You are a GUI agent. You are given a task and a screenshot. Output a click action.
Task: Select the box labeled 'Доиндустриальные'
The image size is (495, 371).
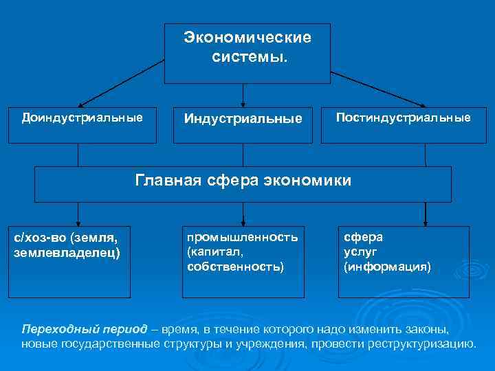(82, 117)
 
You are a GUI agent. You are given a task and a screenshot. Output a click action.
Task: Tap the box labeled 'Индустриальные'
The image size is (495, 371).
(243, 119)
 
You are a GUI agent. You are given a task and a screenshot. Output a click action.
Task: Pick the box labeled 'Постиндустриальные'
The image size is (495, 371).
(404, 117)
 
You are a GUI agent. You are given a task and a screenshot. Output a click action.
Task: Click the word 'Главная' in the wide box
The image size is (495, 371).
(169, 181)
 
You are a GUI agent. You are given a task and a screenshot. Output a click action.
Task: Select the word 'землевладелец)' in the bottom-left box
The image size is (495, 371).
(67, 252)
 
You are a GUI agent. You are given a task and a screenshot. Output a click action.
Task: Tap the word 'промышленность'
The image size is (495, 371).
(243, 237)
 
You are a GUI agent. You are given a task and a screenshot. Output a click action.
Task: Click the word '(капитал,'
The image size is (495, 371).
(214, 251)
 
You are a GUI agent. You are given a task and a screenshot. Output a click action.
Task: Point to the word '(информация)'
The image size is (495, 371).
(388, 266)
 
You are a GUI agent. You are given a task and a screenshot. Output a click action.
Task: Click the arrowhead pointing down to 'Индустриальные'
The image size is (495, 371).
(242, 101)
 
